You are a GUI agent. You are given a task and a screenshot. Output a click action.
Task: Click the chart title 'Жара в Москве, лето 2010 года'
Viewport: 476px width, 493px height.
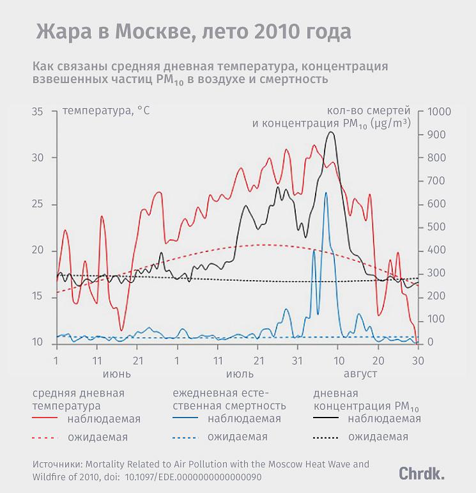(x=193, y=32)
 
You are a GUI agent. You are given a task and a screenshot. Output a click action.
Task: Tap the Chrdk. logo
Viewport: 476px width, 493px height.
(x=422, y=474)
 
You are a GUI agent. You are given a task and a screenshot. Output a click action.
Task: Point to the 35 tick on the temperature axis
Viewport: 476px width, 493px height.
(x=38, y=112)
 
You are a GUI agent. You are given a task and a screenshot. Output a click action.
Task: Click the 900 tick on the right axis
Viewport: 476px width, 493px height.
(x=434, y=135)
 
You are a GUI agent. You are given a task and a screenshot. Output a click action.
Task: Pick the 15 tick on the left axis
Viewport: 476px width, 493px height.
(x=38, y=297)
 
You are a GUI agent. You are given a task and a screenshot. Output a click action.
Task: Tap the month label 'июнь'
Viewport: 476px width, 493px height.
(x=117, y=373)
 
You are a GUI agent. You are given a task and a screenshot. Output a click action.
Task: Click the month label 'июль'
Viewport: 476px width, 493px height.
(x=238, y=373)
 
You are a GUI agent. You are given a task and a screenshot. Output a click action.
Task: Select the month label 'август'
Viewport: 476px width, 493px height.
(x=360, y=373)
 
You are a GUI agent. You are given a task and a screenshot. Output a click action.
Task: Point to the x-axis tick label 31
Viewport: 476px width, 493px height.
(x=298, y=359)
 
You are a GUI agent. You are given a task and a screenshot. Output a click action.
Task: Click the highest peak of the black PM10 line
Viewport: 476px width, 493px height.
(x=330, y=132)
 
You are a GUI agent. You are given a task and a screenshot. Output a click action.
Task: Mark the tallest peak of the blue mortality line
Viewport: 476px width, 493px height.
(x=326, y=193)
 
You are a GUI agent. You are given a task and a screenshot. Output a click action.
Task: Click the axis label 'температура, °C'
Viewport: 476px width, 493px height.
(x=106, y=112)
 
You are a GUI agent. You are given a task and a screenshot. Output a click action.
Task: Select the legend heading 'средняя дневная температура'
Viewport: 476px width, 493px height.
(x=78, y=399)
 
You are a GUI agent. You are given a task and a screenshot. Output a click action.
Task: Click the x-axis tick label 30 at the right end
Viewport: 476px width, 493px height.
(x=418, y=359)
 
